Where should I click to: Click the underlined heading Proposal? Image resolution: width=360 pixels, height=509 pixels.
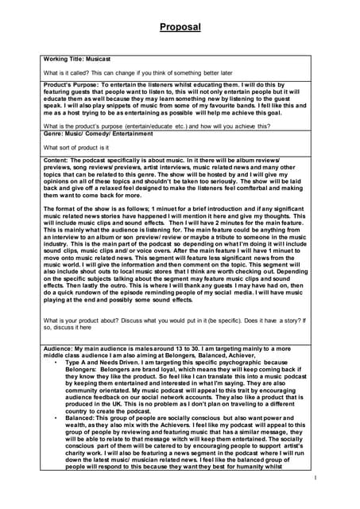(x=180, y=26)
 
